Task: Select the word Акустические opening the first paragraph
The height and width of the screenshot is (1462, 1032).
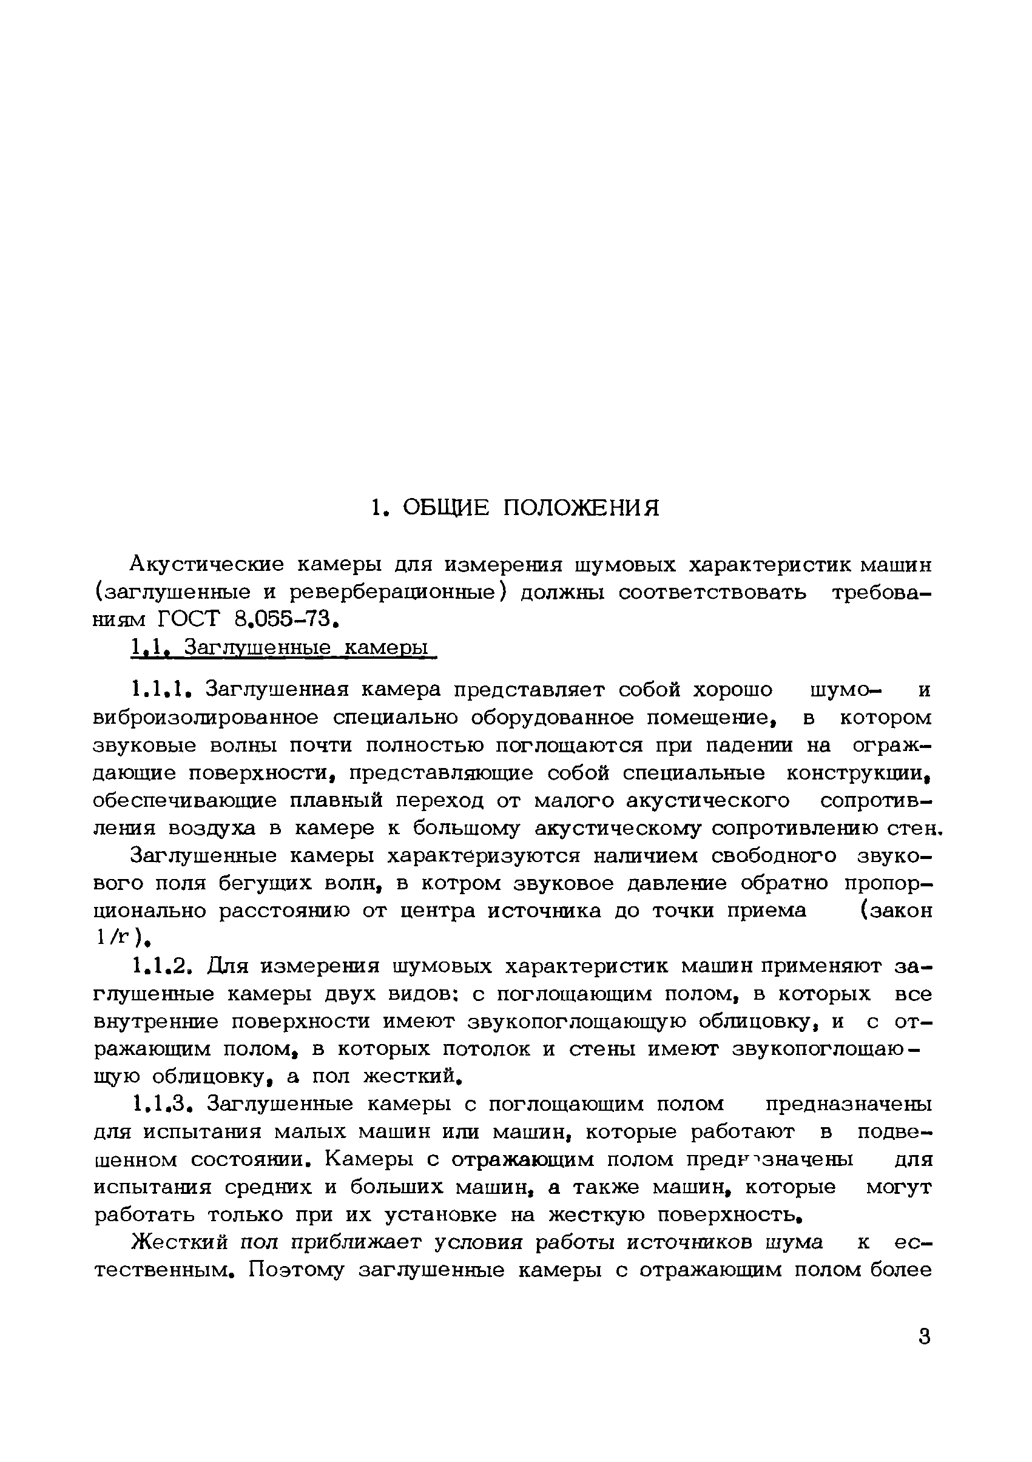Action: [x=206, y=564]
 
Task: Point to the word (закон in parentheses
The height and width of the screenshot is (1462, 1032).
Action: [x=895, y=911]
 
